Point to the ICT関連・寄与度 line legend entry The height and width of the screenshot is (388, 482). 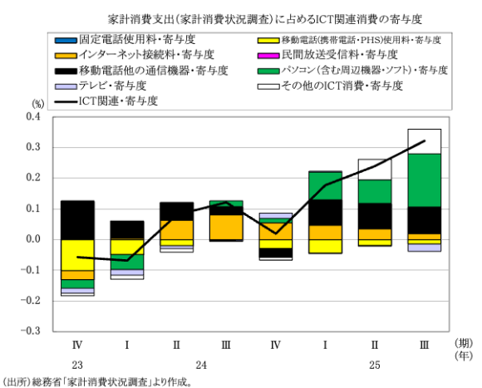pyautogui.click(x=116, y=101)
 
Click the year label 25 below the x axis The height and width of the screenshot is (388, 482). pyautogui.click(x=376, y=365)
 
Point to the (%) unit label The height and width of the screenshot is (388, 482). pyautogui.click(x=38, y=104)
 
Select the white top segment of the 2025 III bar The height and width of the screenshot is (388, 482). pyautogui.click(x=425, y=141)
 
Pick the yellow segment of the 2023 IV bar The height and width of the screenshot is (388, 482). pyautogui.click(x=77, y=254)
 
